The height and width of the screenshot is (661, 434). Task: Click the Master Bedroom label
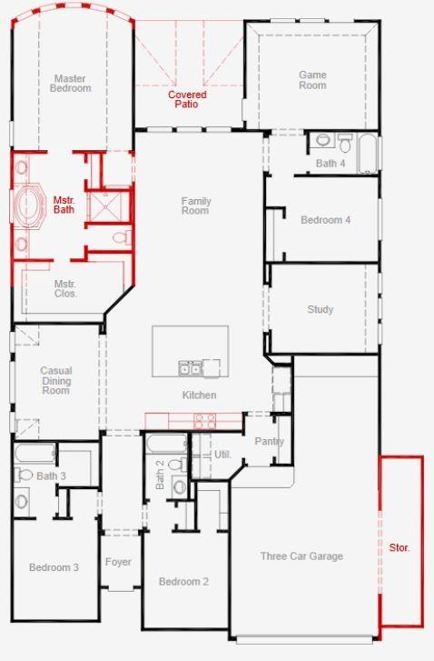[x=71, y=84]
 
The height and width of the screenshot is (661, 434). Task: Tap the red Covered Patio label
[x=187, y=99]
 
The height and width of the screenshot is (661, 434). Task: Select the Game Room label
[x=312, y=80]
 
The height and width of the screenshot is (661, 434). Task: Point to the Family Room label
[x=195, y=205]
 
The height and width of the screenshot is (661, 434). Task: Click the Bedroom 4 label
[x=325, y=220]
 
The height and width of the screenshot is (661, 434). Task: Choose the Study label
[x=320, y=309]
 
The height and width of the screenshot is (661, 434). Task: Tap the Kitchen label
[x=199, y=395]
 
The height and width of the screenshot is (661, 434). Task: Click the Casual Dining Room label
[x=55, y=380]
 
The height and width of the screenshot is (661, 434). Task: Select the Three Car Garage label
[x=301, y=556]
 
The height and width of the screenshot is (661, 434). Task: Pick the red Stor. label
[x=399, y=548]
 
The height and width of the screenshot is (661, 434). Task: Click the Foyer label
[x=118, y=562]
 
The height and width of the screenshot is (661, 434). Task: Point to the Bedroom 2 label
[x=183, y=582]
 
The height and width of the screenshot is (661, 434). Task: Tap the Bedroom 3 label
[x=54, y=567]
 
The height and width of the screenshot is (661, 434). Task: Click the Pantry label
[x=269, y=442]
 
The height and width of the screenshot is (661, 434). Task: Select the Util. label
[x=222, y=454]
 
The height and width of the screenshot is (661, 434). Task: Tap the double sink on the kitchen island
[x=190, y=367]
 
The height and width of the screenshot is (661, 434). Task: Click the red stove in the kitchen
[x=205, y=421]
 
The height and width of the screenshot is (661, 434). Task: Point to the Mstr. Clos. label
[x=65, y=288]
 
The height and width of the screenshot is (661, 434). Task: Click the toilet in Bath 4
[x=345, y=143]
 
